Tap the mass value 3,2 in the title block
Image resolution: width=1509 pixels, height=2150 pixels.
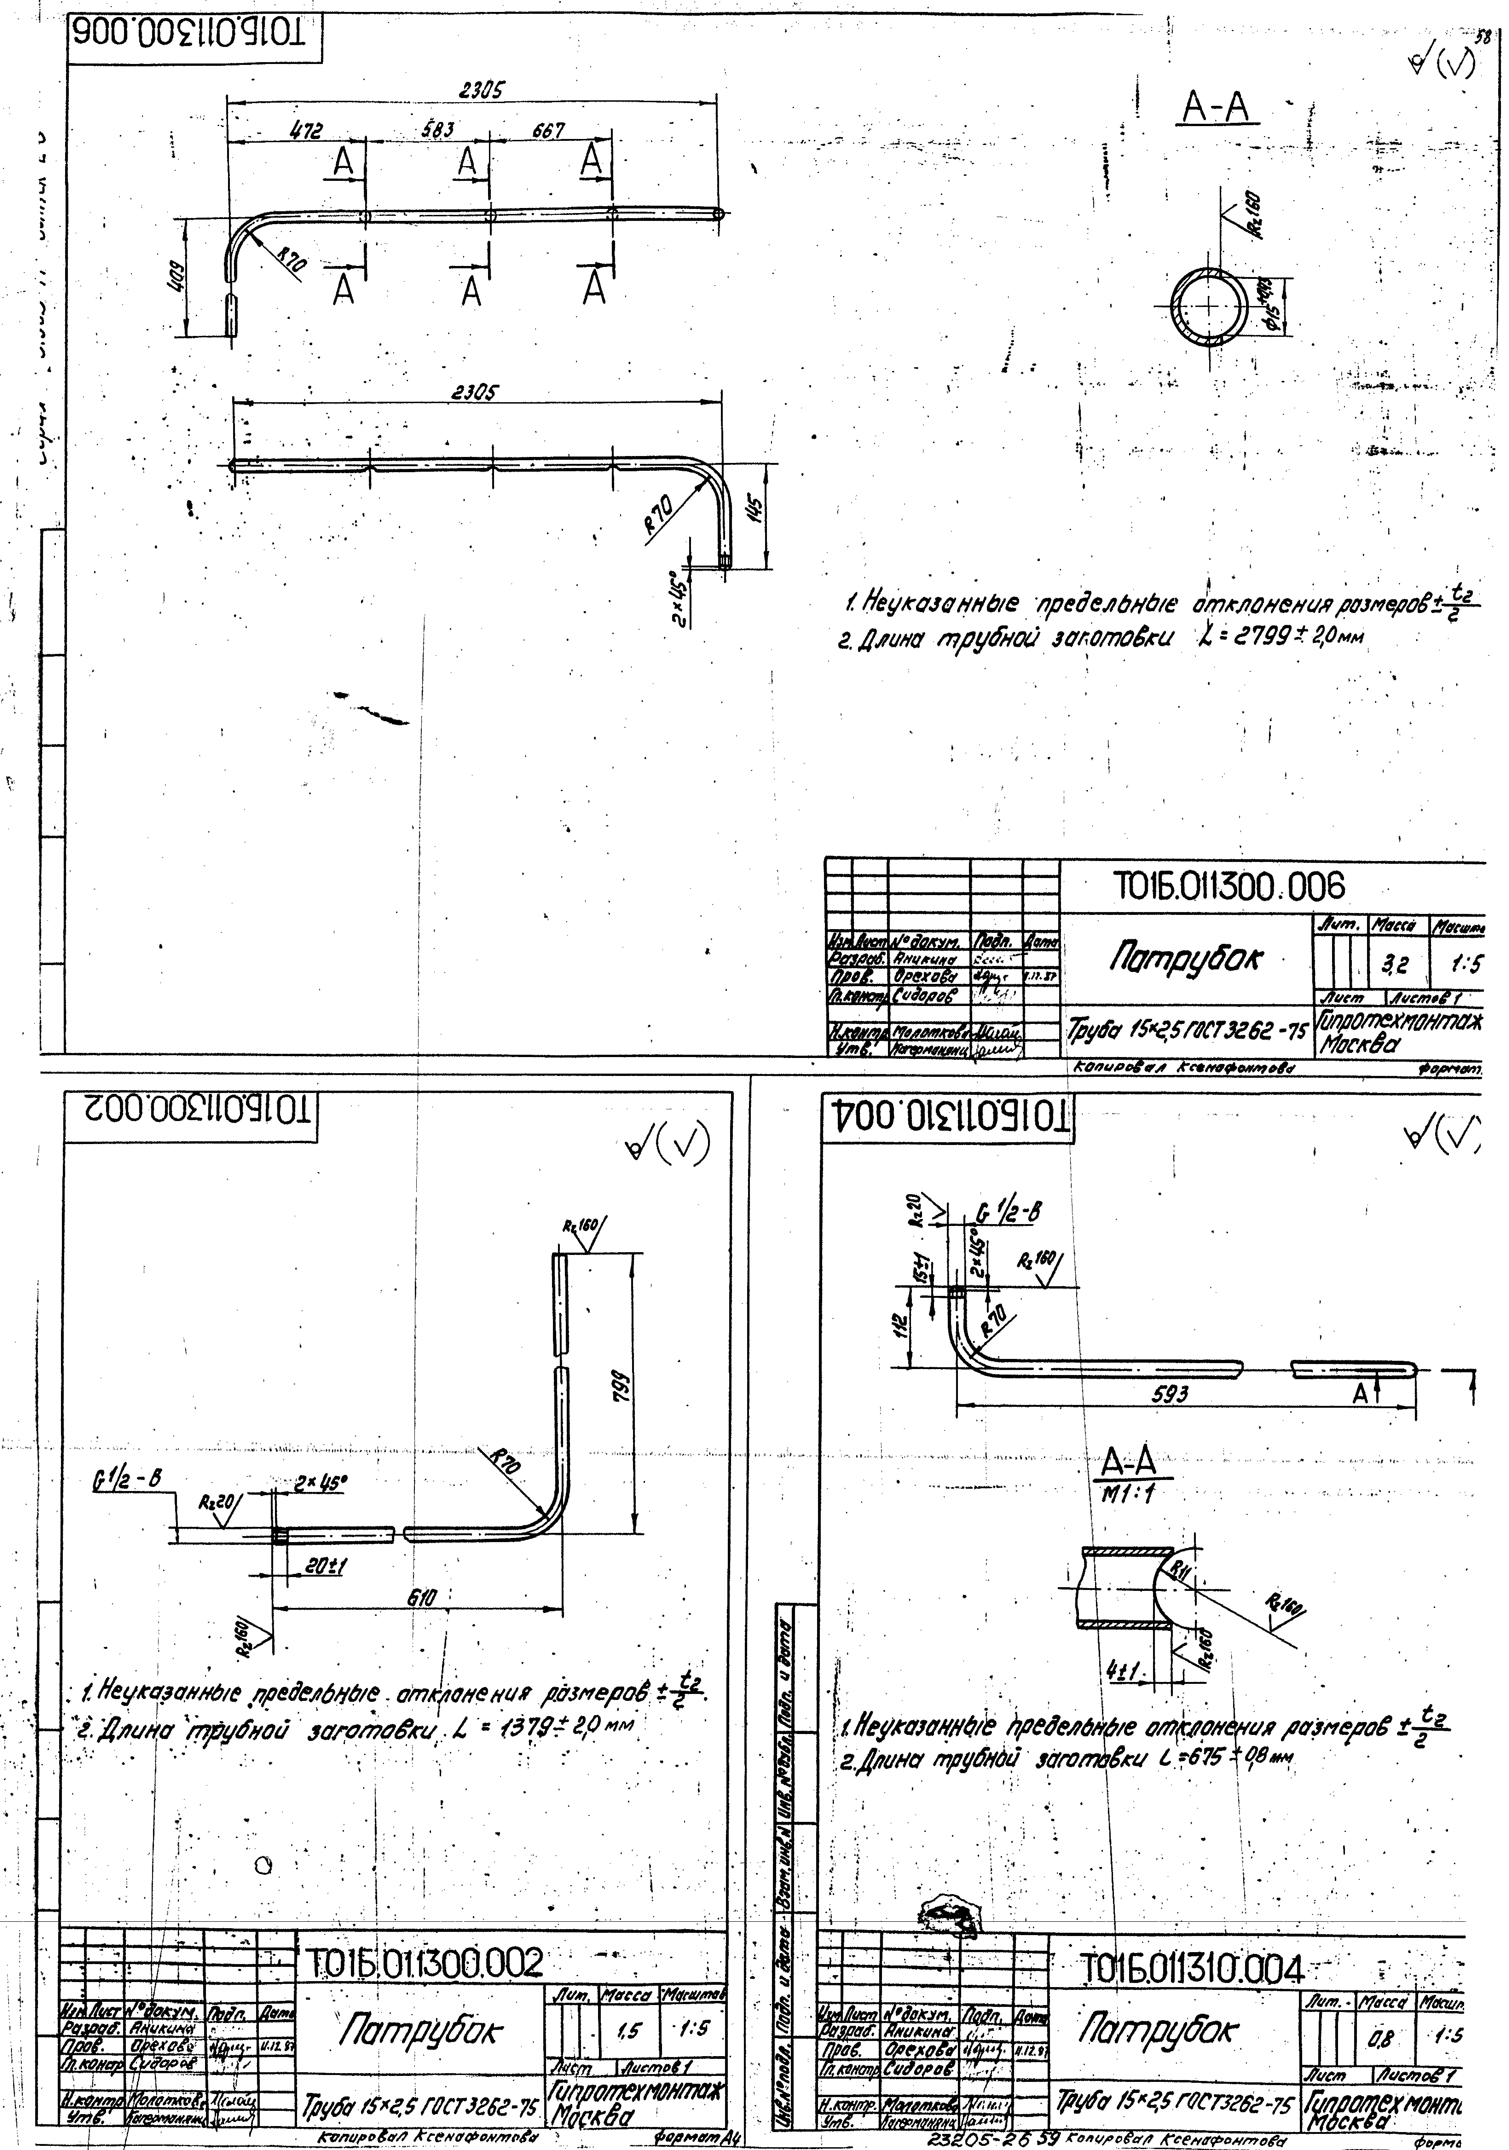coord(1389,962)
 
